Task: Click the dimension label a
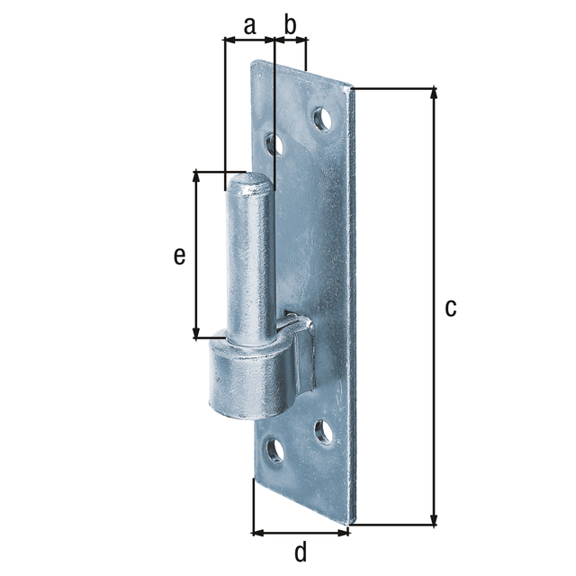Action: point(249,26)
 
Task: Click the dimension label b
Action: point(290,24)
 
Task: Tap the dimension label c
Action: point(450,308)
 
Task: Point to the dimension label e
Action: point(179,256)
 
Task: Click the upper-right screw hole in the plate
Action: point(322,119)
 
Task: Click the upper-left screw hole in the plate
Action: point(274,145)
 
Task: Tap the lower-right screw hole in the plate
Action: point(324,432)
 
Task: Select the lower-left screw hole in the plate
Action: point(275,450)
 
